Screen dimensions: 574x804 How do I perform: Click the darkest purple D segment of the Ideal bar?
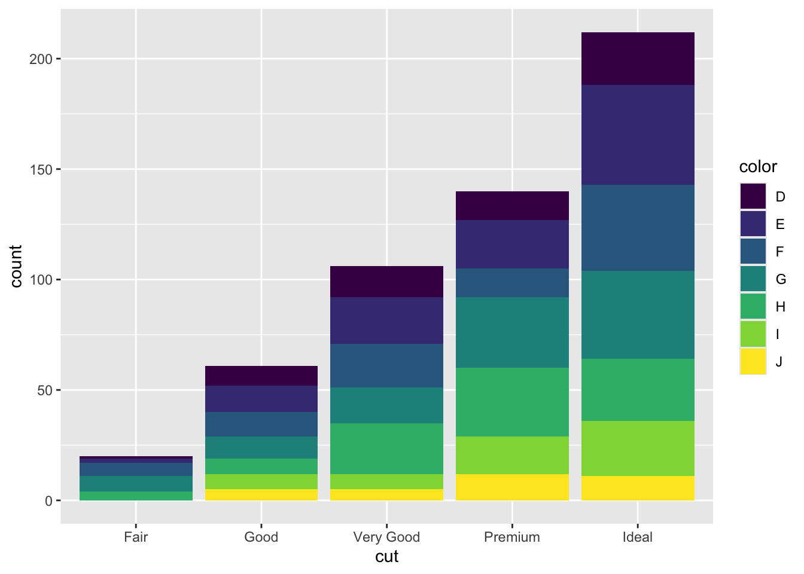pos(638,59)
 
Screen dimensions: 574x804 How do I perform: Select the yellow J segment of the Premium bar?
pos(512,487)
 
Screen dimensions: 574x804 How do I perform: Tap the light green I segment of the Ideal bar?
pos(638,448)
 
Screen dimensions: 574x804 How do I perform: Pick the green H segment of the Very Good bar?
pos(386,448)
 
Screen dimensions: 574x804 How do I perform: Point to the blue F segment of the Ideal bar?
pos(638,228)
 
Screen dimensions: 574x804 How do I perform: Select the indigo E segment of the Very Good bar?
pos(386,320)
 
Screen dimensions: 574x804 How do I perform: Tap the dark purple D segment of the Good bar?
pos(261,375)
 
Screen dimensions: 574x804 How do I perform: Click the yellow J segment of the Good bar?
pos(261,494)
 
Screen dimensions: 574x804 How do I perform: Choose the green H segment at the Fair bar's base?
pos(136,496)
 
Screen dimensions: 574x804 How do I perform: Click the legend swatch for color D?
pos(753,197)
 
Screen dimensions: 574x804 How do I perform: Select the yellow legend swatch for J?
pos(753,361)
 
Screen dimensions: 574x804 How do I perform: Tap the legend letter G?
pos(781,279)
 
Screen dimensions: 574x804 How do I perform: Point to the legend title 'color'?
pos(758,167)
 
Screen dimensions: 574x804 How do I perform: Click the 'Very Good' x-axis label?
pos(386,537)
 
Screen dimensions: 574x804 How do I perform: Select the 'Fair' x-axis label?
pos(136,537)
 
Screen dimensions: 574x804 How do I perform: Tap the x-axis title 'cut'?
pos(386,557)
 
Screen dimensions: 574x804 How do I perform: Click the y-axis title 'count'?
pos(16,266)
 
